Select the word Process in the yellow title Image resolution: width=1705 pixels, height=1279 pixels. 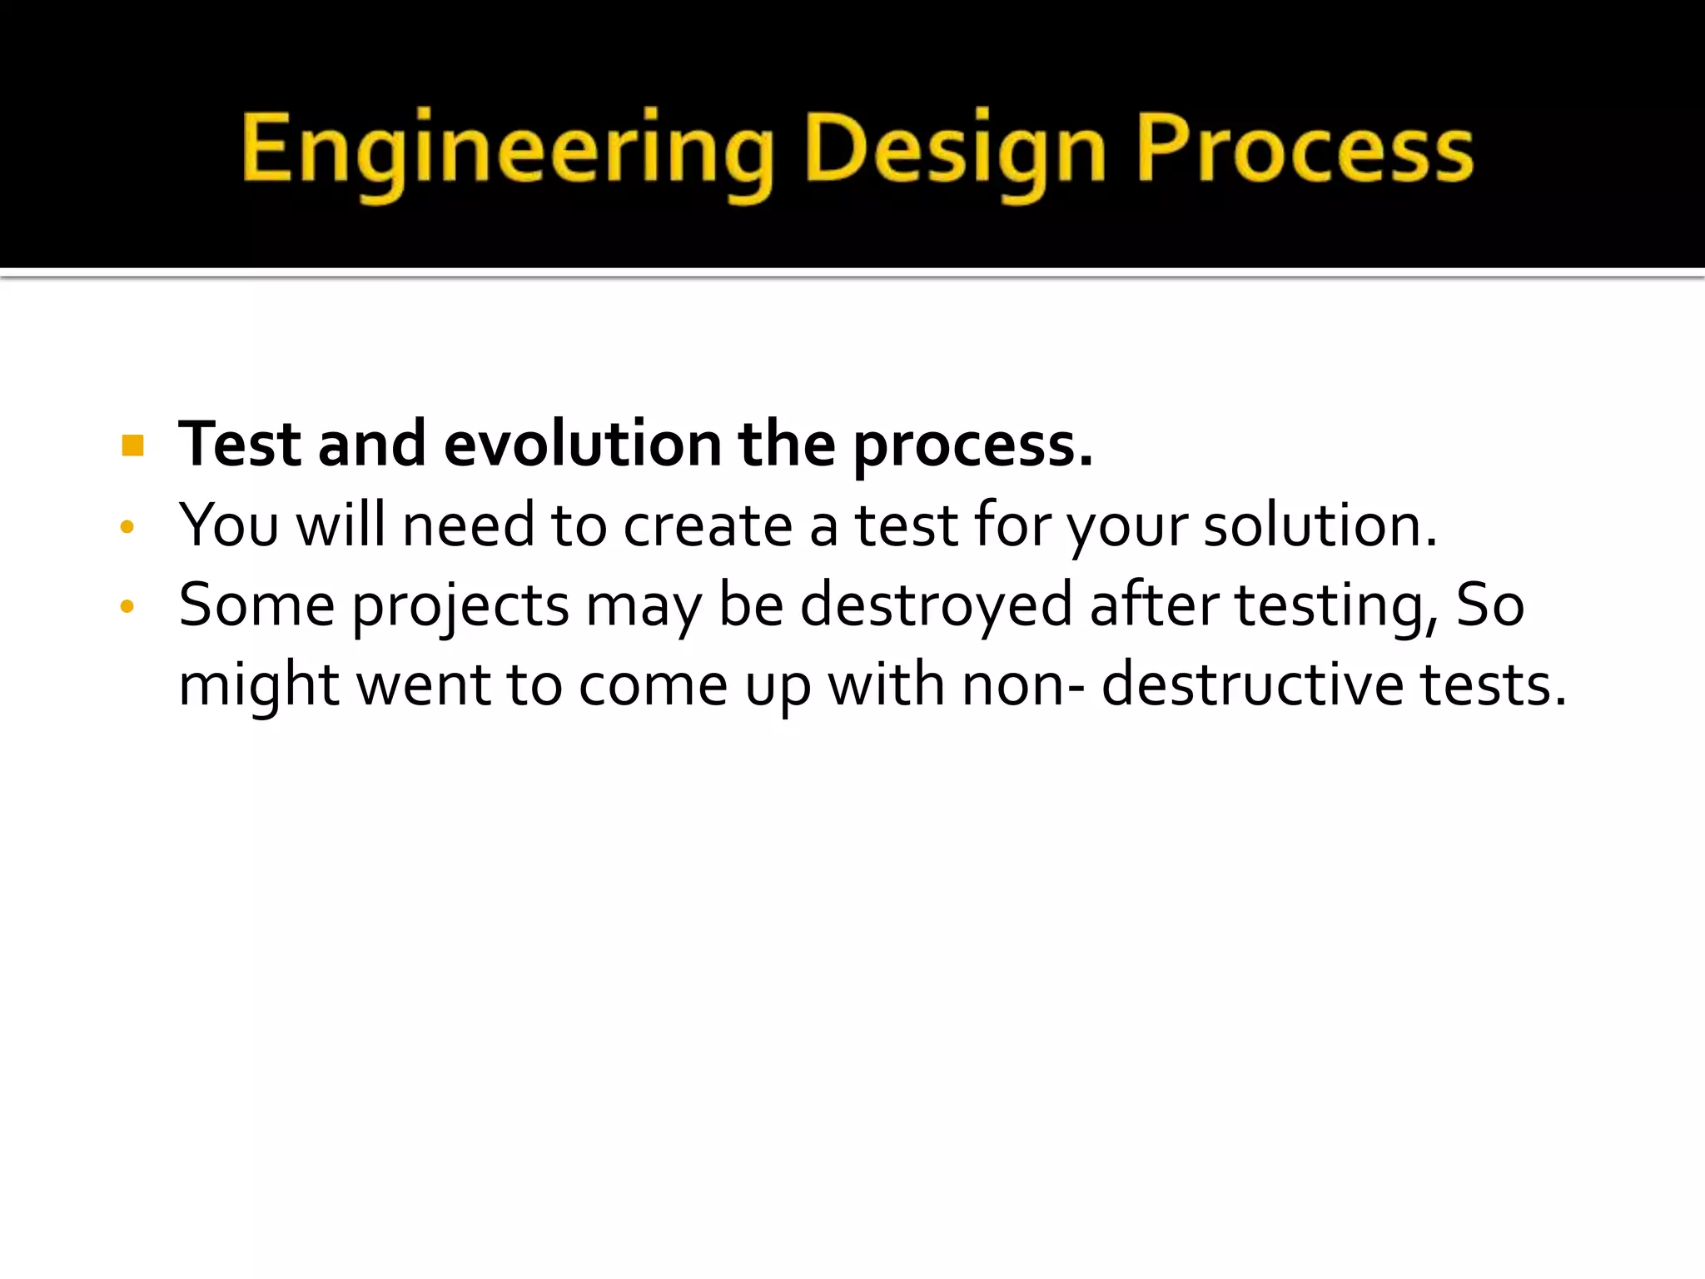[x=1305, y=150]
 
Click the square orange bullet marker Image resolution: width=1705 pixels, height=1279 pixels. [x=132, y=445]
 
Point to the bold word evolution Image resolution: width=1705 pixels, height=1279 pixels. [x=582, y=444]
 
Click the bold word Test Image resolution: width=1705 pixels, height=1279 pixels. [x=240, y=444]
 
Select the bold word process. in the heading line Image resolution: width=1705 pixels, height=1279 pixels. [x=972, y=445]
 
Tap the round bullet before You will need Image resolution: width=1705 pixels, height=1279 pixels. [x=127, y=526]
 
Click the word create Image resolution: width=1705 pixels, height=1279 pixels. [x=708, y=525]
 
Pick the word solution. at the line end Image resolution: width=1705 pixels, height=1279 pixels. [x=1320, y=525]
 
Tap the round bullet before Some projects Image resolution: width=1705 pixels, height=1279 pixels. [x=127, y=606]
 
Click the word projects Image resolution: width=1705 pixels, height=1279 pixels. [x=460, y=606]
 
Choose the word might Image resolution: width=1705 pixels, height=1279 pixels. [x=259, y=686]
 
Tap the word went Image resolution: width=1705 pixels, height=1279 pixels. [x=423, y=686]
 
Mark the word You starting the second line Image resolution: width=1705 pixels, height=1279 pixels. [x=229, y=525]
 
